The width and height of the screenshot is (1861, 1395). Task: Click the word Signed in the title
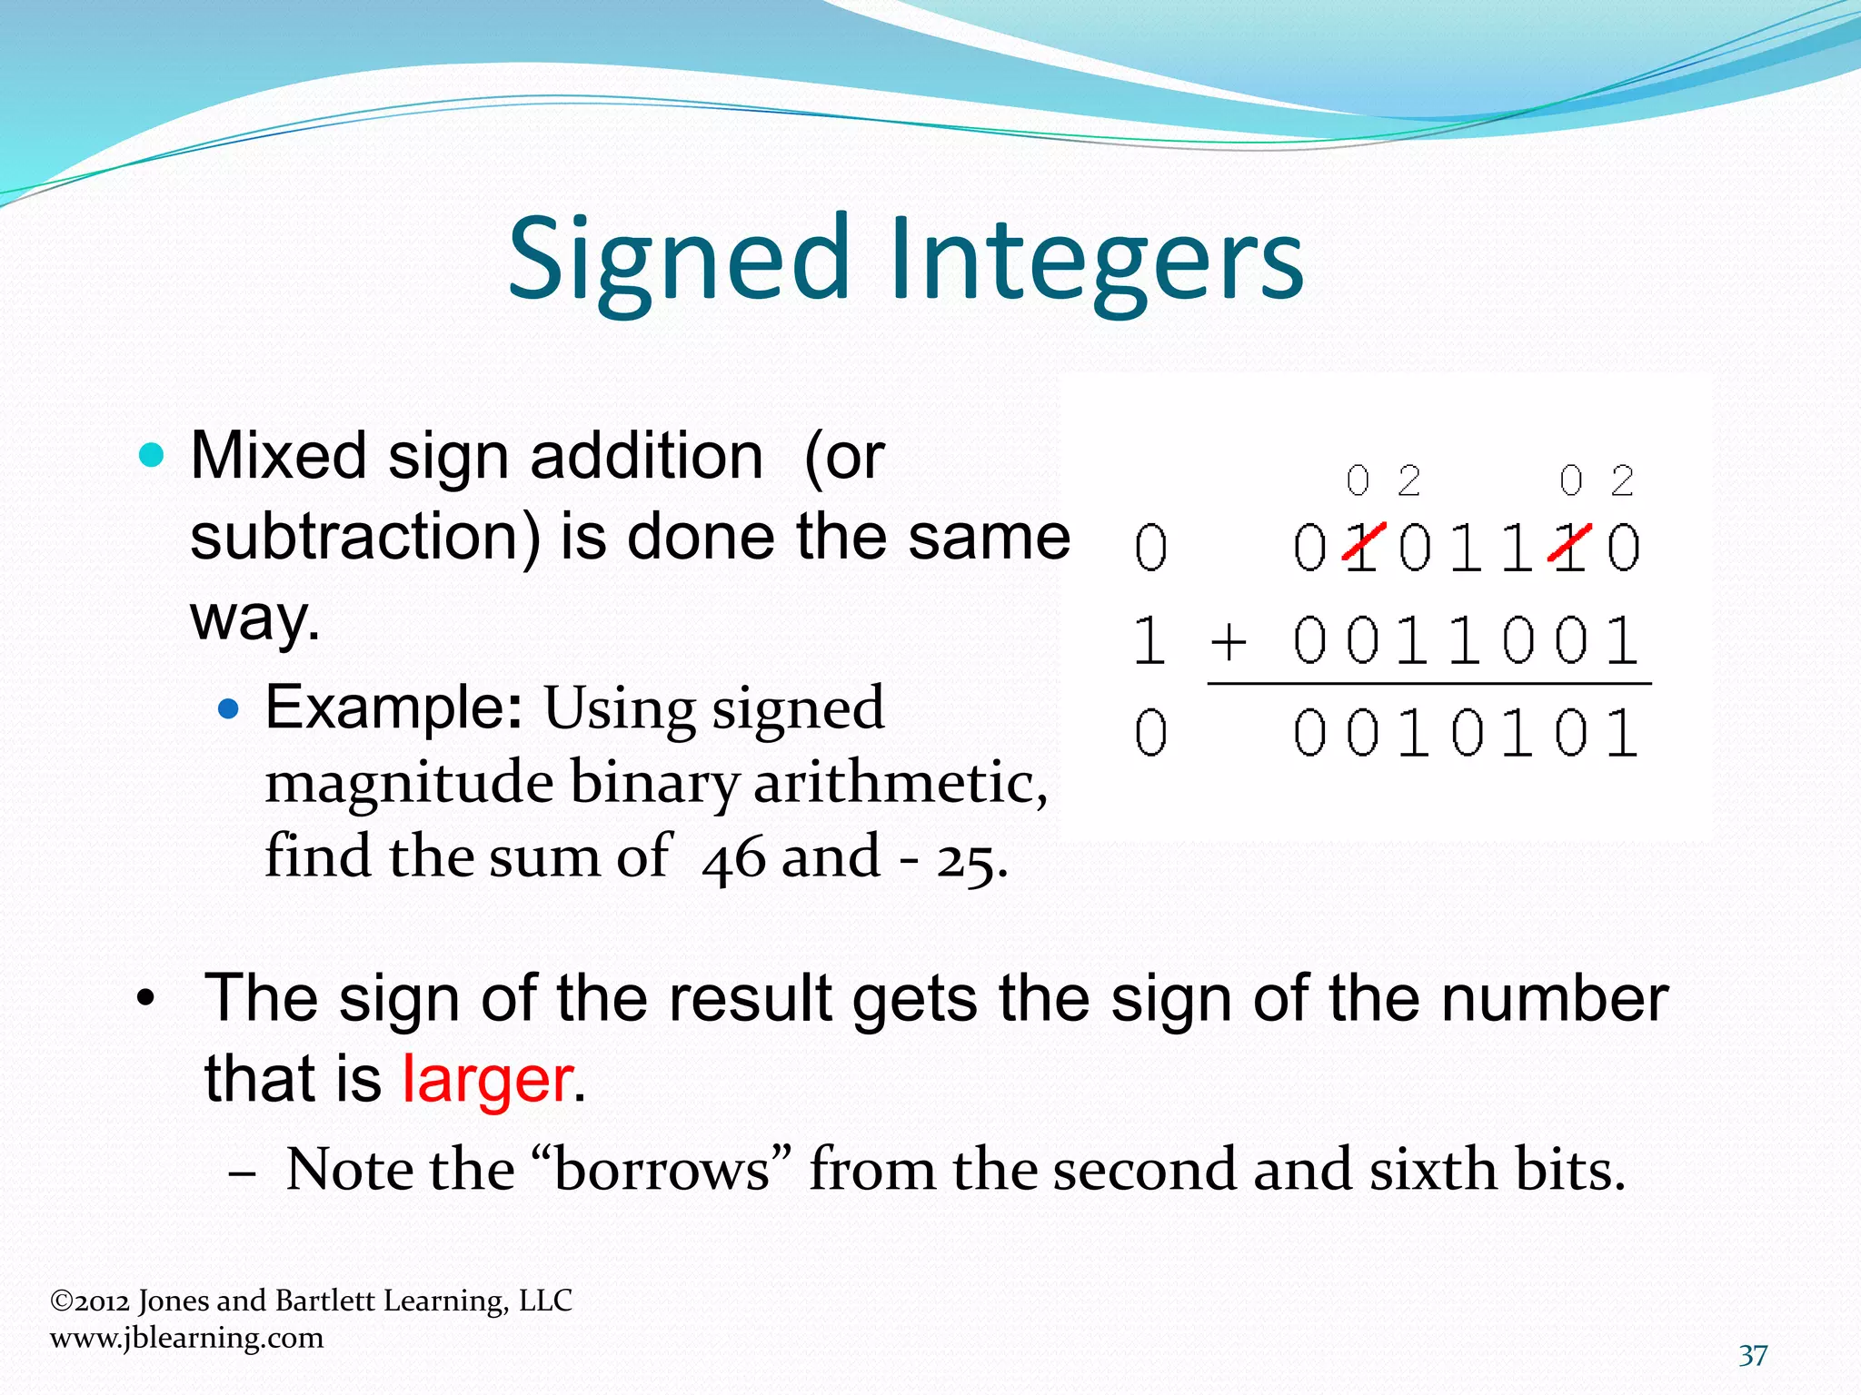click(x=676, y=260)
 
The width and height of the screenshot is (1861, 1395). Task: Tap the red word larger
click(x=487, y=1080)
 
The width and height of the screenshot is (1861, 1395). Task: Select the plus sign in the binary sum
click(x=1228, y=642)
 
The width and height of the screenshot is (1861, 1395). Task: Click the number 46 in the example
click(x=733, y=858)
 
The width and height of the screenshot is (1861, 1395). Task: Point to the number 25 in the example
click(x=967, y=859)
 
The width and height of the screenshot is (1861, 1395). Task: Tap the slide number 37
click(x=1753, y=1356)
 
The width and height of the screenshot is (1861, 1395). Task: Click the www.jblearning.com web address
click(x=186, y=1338)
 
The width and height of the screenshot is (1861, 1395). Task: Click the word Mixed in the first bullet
click(x=278, y=456)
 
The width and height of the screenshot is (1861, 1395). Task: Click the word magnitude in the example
click(x=408, y=783)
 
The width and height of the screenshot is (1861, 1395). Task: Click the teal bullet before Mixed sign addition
click(x=152, y=454)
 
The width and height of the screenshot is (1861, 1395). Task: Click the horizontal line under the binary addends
click(x=1428, y=684)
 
